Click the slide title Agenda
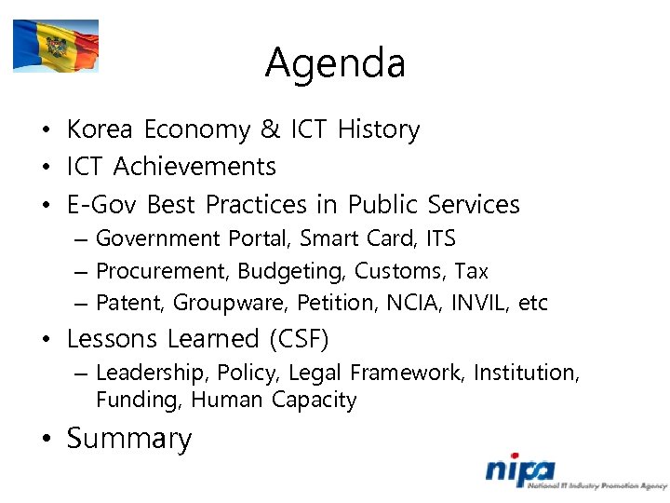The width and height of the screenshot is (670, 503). point(335,63)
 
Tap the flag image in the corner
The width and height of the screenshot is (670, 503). point(56,46)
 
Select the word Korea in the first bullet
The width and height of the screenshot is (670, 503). point(100,129)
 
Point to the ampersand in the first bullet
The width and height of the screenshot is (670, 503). point(270,129)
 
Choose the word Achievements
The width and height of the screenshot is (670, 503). point(194,167)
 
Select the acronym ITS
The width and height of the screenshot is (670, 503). point(440,238)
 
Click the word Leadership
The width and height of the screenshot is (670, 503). point(152,373)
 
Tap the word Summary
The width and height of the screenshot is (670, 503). point(129,439)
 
